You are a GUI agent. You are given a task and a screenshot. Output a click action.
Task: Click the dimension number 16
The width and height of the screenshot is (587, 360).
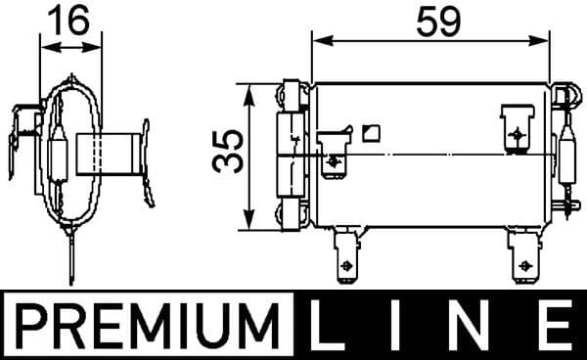69,21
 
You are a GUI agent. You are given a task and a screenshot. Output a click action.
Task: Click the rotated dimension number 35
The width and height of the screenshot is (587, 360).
228,154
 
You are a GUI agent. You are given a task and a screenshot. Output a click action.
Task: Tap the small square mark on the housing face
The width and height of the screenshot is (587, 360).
369,132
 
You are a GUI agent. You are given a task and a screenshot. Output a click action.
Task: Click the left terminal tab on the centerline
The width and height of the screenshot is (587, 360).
334,157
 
